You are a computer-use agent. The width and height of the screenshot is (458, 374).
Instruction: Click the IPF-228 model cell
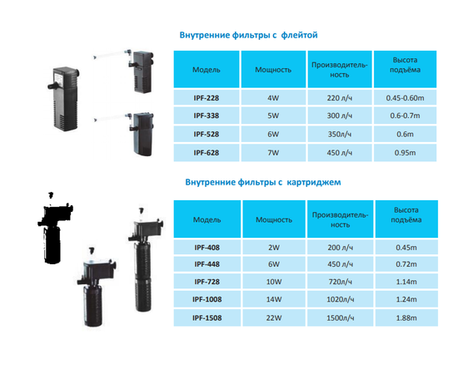[x=207, y=97]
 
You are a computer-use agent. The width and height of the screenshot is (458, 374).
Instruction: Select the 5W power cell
[x=273, y=116]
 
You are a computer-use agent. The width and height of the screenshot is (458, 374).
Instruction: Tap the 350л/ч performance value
[x=340, y=134]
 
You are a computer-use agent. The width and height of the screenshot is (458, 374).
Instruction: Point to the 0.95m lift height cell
[x=405, y=152]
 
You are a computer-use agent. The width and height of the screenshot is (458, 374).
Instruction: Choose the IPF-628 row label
[x=207, y=152]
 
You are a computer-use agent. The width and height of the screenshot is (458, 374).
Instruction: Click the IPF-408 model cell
[x=207, y=247]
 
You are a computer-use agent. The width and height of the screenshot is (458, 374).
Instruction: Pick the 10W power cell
[x=274, y=282]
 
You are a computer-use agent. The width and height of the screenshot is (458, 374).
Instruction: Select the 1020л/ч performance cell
[x=340, y=299]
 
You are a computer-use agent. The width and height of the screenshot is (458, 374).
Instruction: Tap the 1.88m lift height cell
[x=406, y=317]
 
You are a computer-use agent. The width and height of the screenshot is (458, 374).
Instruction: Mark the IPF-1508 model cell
[x=207, y=317]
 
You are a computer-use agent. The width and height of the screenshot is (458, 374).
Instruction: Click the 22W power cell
[x=274, y=317]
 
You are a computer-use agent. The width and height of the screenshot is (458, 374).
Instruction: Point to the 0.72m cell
[x=406, y=264]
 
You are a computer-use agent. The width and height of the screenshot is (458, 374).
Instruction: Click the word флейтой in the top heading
[x=300, y=35]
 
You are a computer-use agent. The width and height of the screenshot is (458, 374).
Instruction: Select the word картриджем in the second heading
[x=314, y=183]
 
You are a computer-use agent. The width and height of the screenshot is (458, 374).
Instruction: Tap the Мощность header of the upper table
[x=273, y=69]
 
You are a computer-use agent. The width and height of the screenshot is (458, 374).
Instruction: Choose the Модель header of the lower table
[x=207, y=219]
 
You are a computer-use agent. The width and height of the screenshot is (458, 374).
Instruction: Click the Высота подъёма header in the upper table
[x=405, y=65]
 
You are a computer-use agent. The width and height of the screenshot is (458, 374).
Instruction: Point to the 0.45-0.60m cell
[x=405, y=97]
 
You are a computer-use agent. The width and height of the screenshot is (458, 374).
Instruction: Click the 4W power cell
[x=273, y=97]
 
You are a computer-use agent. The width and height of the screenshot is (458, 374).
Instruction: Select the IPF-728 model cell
[x=207, y=282]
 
